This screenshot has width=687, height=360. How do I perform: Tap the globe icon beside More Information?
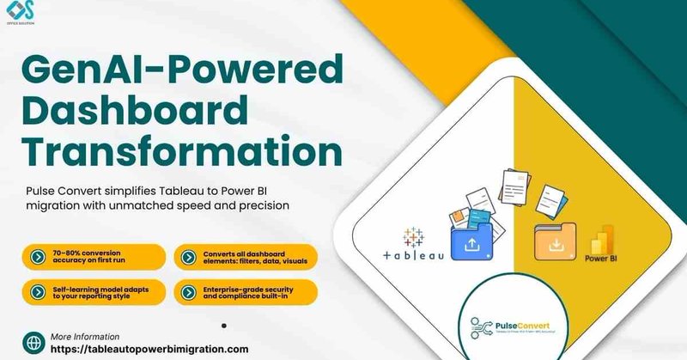pos(33,342)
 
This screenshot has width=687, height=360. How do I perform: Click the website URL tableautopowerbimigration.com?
pos(149,349)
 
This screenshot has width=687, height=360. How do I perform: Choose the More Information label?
pos(85,336)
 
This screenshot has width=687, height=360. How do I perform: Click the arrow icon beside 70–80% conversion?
pos(37,256)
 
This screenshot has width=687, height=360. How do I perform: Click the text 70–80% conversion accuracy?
pos(94,256)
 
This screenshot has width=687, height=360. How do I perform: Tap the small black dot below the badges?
pos(224,326)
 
